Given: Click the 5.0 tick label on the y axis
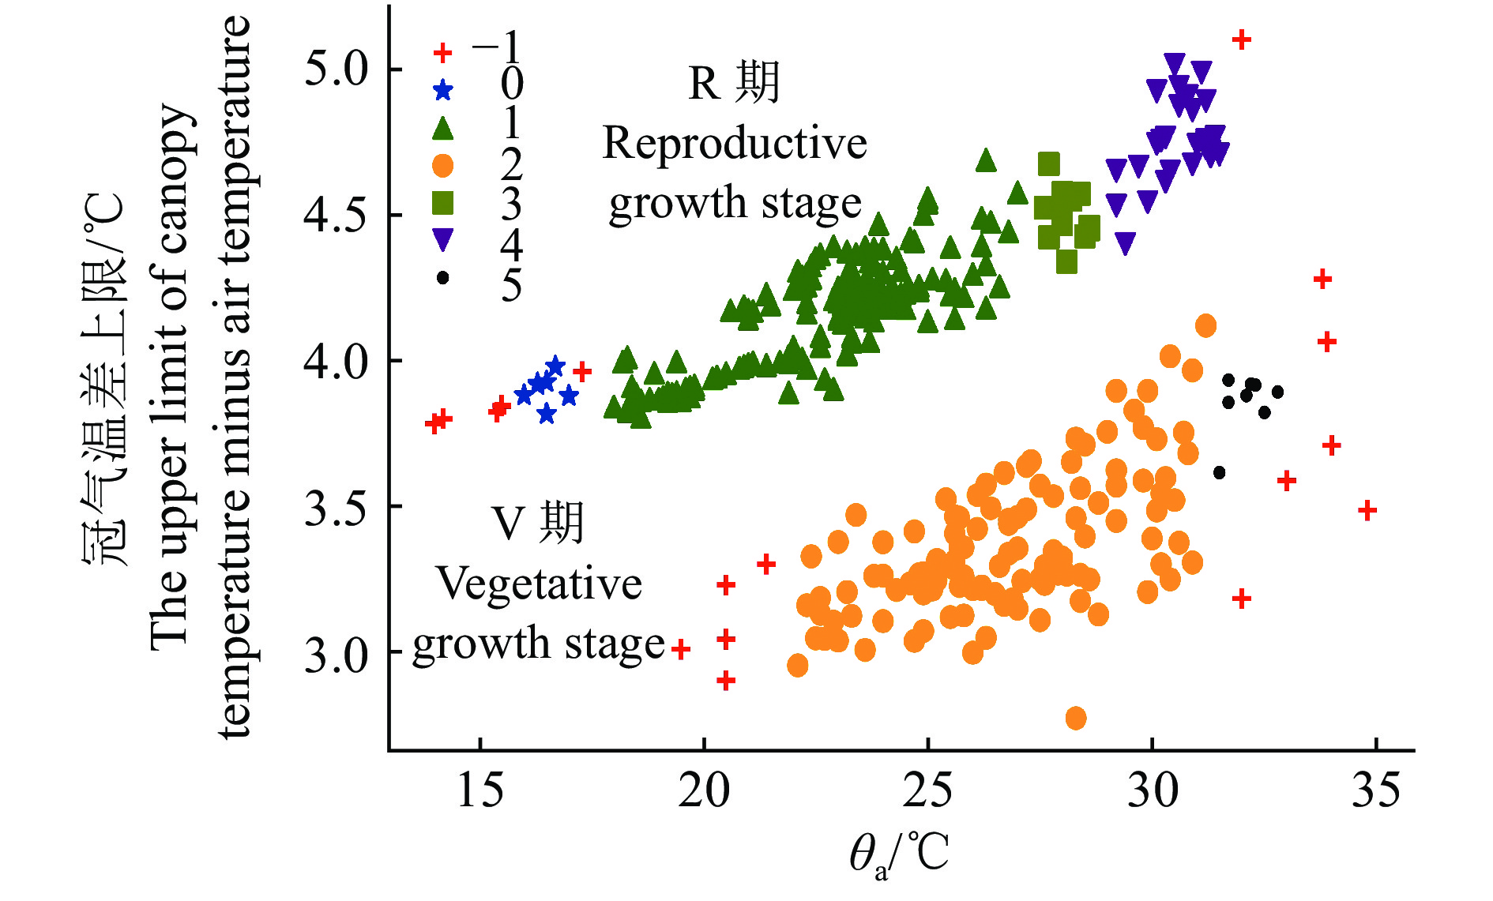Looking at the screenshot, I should point(337,69).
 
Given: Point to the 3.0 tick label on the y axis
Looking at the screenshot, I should point(337,654).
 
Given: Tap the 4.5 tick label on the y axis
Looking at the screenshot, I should point(337,215).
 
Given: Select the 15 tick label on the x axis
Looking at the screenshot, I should point(479,790).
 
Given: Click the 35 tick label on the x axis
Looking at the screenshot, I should point(1375,790).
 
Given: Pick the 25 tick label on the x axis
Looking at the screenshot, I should point(927,790).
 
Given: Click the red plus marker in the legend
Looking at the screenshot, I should point(443,53).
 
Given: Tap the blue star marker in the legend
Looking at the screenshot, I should point(443,90).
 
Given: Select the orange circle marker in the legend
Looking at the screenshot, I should point(443,165).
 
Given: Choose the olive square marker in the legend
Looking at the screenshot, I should point(443,203).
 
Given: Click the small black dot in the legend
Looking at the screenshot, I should point(443,278).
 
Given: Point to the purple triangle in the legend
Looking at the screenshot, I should point(443,239).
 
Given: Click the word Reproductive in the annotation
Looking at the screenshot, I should point(735,144).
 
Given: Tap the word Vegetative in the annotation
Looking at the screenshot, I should point(540,584).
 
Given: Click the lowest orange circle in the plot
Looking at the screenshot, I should point(1076,718).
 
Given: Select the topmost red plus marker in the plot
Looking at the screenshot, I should point(1242,39).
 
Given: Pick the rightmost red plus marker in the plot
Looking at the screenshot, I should point(1367,510).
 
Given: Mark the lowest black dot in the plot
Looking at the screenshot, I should point(1220,472).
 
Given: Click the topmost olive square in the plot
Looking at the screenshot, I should point(1049,164).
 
